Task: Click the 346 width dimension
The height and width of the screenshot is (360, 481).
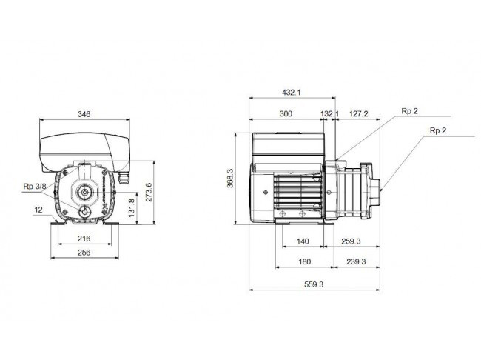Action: (x=84, y=114)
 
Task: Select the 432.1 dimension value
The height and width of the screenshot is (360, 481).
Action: (x=292, y=92)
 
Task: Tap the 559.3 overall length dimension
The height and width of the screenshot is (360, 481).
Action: (x=314, y=284)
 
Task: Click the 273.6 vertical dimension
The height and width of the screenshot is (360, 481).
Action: (x=149, y=193)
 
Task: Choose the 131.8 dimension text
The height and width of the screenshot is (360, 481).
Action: (x=131, y=207)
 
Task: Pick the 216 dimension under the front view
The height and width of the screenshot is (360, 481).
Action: (x=84, y=239)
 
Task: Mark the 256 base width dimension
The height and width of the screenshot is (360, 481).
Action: (x=84, y=253)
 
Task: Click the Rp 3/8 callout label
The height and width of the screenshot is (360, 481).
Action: (x=35, y=187)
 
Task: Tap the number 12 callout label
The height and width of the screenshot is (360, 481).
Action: (x=38, y=210)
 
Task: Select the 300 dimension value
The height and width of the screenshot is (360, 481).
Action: (x=286, y=113)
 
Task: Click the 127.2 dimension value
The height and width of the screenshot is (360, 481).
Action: (x=359, y=113)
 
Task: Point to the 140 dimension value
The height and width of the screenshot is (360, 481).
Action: (x=303, y=241)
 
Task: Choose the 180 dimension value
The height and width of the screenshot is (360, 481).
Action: (x=305, y=261)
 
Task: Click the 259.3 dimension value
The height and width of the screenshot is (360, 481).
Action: (x=351, y=241)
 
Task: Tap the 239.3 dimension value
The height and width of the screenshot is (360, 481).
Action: (x=356, y=261)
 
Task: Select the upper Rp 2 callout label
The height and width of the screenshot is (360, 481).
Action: (x=409, y=111)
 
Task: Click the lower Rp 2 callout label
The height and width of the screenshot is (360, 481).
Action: (x=438, y=130)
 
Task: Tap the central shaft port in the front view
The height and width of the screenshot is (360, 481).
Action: (x=84, y=193)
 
